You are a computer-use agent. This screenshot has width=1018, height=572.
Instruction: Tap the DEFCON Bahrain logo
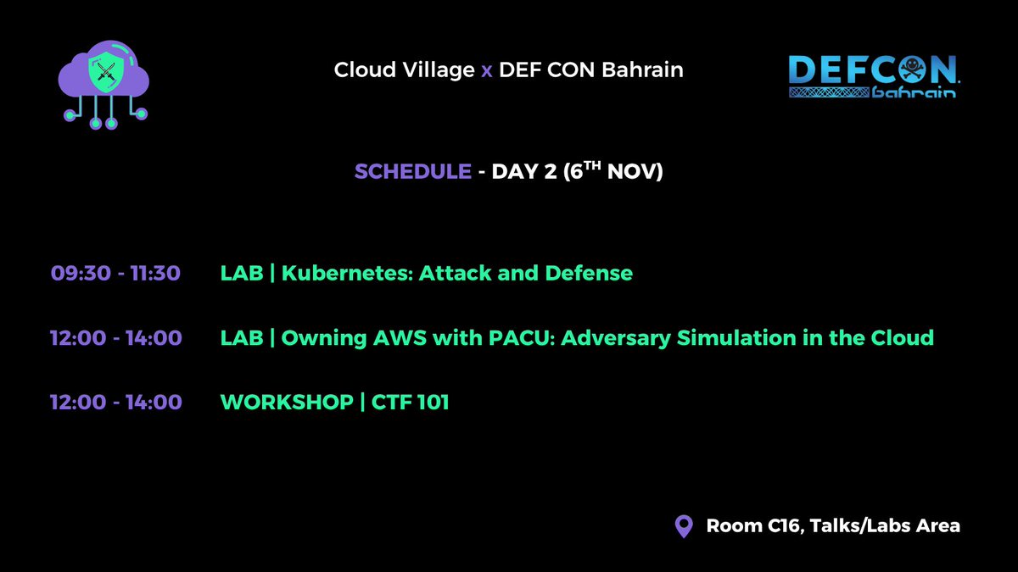[x=873, y=77]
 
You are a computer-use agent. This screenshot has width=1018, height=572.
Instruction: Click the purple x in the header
[x=486, y=69]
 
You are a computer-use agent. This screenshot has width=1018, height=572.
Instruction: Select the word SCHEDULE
[x=412, y=171]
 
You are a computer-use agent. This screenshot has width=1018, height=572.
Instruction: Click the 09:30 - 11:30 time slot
[x=115, y=273]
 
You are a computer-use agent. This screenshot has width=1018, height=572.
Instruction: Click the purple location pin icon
[x=683, y=526]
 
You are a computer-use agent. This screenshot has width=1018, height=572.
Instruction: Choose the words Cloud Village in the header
[x=404, y=69]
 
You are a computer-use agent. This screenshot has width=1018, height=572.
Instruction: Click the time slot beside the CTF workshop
[x=115, y=402]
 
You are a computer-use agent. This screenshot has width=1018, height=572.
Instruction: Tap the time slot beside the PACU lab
[x=115, y=337]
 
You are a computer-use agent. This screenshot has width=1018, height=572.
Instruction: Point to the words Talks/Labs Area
[x=885, y=525]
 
